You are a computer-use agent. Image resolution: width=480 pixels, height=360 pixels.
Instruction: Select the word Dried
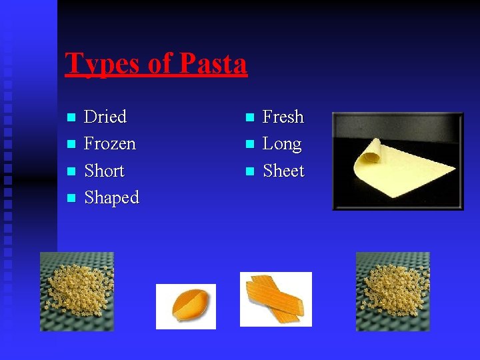[x=105, y=117]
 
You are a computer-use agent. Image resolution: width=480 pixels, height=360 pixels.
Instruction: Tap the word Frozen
[x=110, y=143]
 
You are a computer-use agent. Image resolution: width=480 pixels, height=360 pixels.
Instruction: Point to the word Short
[x=105, y=171]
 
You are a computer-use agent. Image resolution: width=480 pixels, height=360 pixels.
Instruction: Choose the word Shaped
[x=111, y=198]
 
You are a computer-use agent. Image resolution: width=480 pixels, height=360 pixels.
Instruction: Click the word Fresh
[x=283, y=117]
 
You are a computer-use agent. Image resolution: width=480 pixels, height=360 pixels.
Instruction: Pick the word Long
[x=282, y=144]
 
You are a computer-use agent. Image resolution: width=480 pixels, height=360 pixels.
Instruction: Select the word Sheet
[x=283, y=171]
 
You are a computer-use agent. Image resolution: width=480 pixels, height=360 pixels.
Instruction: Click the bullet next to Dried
[x=71, y=118]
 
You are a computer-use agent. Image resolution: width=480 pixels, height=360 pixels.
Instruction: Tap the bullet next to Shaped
[x=71, y=199]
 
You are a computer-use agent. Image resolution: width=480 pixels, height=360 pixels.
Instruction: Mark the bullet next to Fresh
[x=249, y=118]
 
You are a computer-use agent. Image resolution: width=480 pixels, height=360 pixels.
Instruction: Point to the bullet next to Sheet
[x=249, y=171]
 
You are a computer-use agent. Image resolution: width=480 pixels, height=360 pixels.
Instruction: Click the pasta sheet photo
[x=397, y=161]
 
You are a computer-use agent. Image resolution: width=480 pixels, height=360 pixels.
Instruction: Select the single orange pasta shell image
[x=186, y=306]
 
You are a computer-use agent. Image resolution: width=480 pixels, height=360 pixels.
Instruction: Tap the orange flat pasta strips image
[x=275, y=299]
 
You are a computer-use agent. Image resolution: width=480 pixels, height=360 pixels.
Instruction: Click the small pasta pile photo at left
[x=77, y=291]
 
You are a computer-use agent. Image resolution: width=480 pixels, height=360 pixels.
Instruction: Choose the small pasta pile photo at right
[x=393, y=291]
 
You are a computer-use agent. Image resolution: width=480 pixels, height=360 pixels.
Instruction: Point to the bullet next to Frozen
[x=71, y=145]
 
